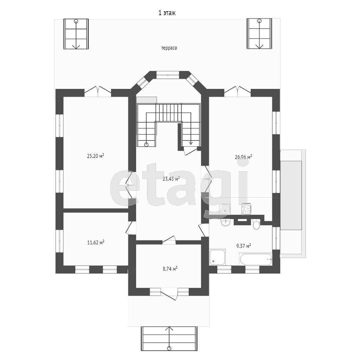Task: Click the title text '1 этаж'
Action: pos(167,13)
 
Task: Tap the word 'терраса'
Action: pos(169,48)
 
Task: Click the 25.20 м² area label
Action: pos(96,156)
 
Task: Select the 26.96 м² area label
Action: pos(243,157)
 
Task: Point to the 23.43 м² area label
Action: pos(171,179)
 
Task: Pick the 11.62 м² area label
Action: pos(96,242)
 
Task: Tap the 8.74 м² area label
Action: pos(170,269)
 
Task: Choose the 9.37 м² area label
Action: pos(244,246)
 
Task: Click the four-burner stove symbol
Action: pos(246,209)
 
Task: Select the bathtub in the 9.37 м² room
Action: pos(256,259)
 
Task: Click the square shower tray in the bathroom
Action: pos(217,257)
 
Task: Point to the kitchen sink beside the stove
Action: pos(225,209)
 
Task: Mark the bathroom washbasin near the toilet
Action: pos(225,222)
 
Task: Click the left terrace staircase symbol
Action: pos(76,34)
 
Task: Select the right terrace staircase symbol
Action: pos(259,34)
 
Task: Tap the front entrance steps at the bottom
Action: pos(169,338)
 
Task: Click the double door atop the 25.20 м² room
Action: pos(98,91)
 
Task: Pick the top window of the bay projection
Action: pos(168,75)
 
